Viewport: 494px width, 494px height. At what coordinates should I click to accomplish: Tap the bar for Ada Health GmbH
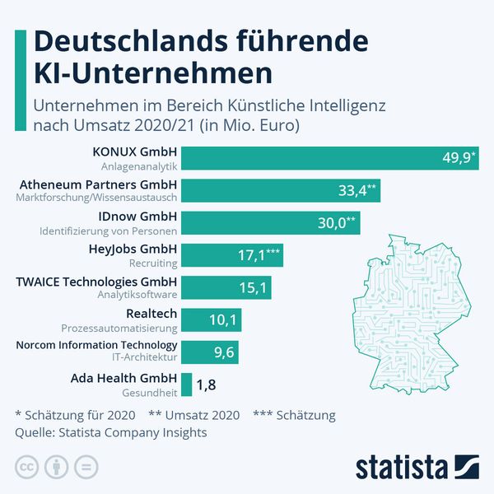[x=186, y=384]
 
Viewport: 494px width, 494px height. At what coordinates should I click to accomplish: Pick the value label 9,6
[x=224, y=352]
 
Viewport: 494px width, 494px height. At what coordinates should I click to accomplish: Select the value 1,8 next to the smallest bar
[x=207, y=384]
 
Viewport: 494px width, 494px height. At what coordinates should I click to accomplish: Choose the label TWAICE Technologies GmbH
[x=96, y=281]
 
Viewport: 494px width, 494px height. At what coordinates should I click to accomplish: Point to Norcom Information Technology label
[x=96, y=345]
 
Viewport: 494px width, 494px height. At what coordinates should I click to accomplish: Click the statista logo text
[x=400, y=466]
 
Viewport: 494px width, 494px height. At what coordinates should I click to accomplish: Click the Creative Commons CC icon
[x=27, y=467]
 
